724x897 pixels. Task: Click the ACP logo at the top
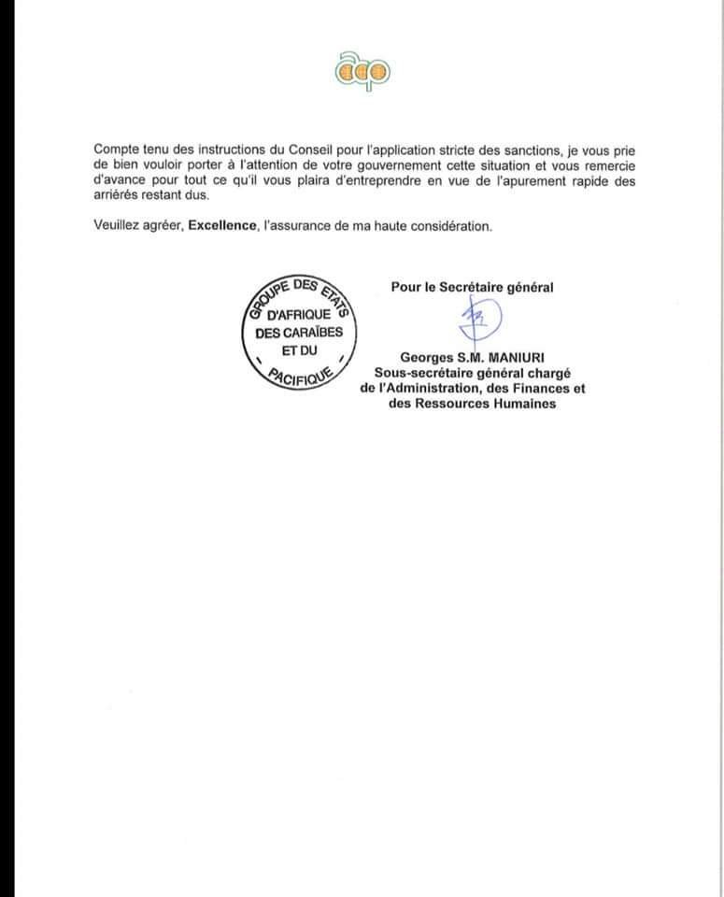362,71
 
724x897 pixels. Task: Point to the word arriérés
118,196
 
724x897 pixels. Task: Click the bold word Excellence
221,227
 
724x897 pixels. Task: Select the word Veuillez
117,227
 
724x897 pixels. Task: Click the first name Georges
427,356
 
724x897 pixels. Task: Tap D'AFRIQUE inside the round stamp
299,315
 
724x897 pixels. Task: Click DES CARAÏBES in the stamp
299,334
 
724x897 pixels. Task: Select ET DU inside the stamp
298,352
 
